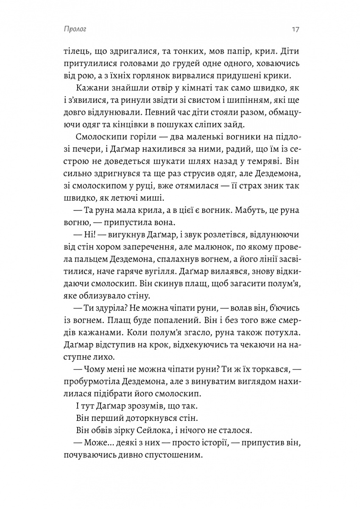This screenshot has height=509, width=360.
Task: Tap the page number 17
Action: [296, 30]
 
